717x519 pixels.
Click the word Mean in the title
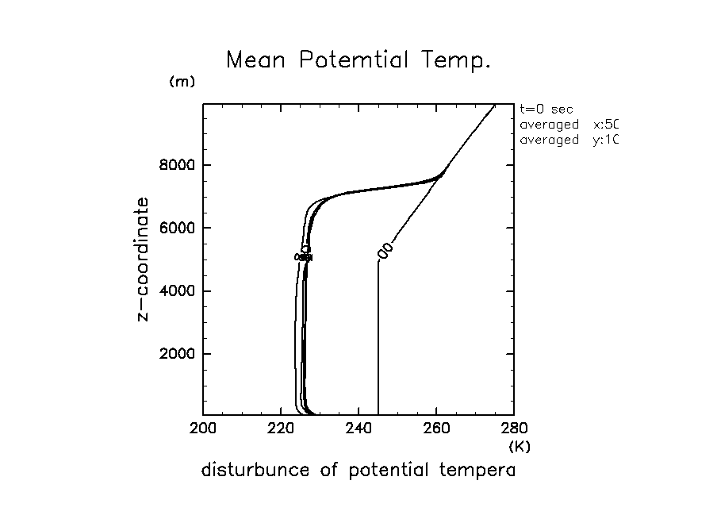(x=255, y=60)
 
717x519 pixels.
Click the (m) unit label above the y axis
(x=182, y=82)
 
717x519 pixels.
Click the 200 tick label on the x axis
(x=203, y=429)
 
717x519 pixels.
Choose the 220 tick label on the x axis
(x=281, y=429)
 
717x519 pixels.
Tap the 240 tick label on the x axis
(x=358, y=429)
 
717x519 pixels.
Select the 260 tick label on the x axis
(x=436, y=429)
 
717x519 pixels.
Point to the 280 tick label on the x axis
(x=514, y=429)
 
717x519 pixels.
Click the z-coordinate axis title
(x=144, y=259)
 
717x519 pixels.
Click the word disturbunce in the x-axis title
(x=254, y=470)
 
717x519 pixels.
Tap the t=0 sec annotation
(x=546, y=110)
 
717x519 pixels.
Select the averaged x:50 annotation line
(x=568, y=125)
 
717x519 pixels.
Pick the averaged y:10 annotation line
(x=568, y=140)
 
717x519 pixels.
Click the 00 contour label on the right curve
(x=385, y=250)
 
